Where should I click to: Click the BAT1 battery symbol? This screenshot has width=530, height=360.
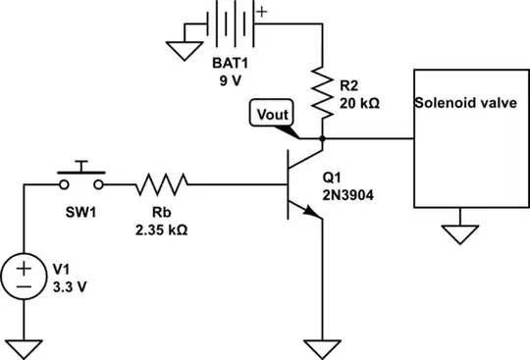point(232,22)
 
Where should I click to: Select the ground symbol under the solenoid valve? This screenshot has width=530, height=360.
point(457,235)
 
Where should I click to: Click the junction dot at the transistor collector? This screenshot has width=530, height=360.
point(323,139)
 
